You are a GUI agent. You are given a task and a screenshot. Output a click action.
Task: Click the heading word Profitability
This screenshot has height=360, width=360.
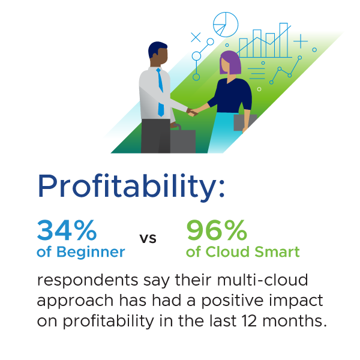click(x=131, y=187)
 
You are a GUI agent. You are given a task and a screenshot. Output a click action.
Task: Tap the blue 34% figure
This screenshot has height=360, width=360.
click(x=67, y=230)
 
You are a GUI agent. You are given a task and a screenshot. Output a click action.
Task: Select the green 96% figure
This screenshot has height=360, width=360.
click(x=217, y=230)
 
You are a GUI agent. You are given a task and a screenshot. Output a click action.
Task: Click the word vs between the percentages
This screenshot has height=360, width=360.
click(x=148, y=239)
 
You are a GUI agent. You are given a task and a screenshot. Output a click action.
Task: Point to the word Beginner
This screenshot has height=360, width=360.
click(x=91, y=253)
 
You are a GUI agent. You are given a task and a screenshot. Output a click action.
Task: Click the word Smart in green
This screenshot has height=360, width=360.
click(x=277, y=251)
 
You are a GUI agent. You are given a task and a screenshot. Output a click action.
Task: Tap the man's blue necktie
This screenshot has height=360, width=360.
click(x=160, y=92)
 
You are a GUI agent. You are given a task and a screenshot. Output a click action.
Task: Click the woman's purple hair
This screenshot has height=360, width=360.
click(x=230, y=62)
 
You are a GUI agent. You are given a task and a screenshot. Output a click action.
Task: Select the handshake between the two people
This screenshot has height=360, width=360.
click(x=192, y=112)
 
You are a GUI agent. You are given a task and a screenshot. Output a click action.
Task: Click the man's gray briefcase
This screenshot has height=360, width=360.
click(x=183, y=140)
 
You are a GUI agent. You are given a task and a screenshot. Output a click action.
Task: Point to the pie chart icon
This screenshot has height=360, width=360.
click(x=226, y=25)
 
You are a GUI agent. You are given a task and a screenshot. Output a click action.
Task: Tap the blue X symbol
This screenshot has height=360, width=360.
click(x=196, y=37)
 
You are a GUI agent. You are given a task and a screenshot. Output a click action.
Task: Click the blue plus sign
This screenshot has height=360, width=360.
click(x=301, y=41)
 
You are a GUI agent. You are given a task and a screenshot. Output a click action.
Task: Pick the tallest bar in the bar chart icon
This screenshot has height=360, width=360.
click(x=284, y=40)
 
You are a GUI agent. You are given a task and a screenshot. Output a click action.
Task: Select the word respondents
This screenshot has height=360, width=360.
click(x=88, y=281)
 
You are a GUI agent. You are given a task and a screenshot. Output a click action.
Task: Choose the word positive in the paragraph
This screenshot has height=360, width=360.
click(x=232, y=301)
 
